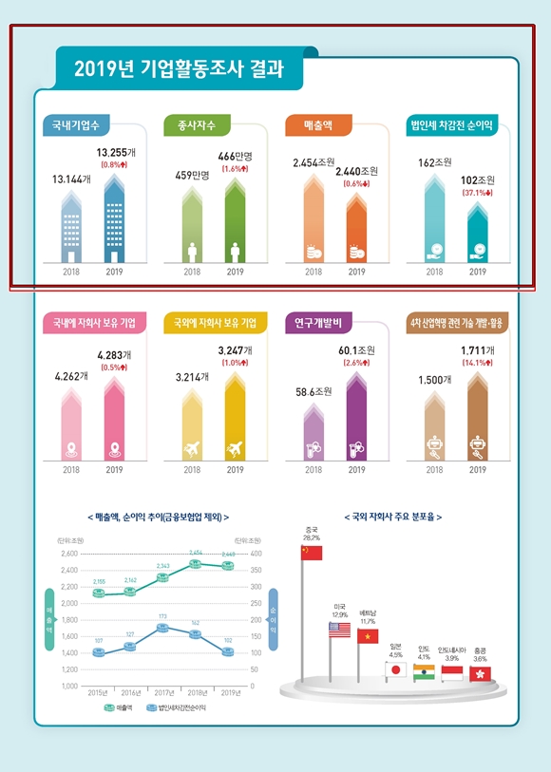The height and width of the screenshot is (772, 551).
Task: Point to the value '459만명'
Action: point(192,175)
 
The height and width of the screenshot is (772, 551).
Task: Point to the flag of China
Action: point(312,553)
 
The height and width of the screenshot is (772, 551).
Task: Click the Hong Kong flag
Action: point(481,673)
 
